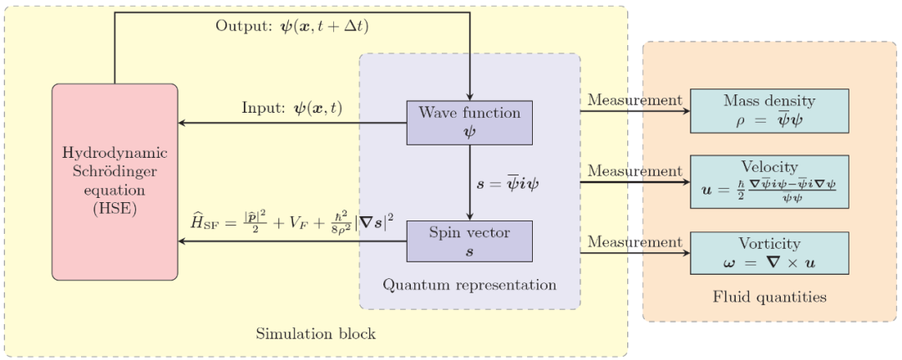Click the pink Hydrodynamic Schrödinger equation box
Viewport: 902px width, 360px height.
point(115,181)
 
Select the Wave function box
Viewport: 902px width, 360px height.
point(469,122)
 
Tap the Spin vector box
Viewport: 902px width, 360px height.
point(469,241)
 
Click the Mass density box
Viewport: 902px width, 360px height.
point(769,110)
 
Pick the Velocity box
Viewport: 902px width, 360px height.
point(769,181)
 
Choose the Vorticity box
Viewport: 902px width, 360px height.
point(769,253)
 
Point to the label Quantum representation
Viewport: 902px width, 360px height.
point(469,285)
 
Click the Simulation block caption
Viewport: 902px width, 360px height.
point(316,334)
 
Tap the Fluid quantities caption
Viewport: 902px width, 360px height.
point(770,297)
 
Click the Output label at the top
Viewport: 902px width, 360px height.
point(292,26)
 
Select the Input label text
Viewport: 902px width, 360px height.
point(292,109)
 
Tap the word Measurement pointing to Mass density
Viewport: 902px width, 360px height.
point(635,100)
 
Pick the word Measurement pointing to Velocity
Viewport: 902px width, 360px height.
point(635,171)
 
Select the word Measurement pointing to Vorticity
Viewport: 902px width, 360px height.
point(635,242)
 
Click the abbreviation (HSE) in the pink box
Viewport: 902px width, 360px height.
point(115,209)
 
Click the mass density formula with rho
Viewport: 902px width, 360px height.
point(769,119)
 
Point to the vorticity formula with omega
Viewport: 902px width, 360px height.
point(769,262)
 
